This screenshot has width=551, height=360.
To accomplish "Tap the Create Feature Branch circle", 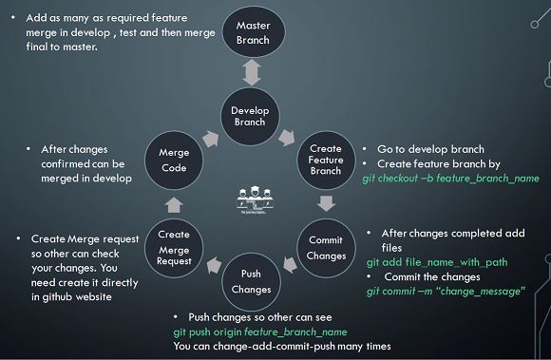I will coord(326,159).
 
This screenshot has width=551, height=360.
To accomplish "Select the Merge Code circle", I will coord(174,160).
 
